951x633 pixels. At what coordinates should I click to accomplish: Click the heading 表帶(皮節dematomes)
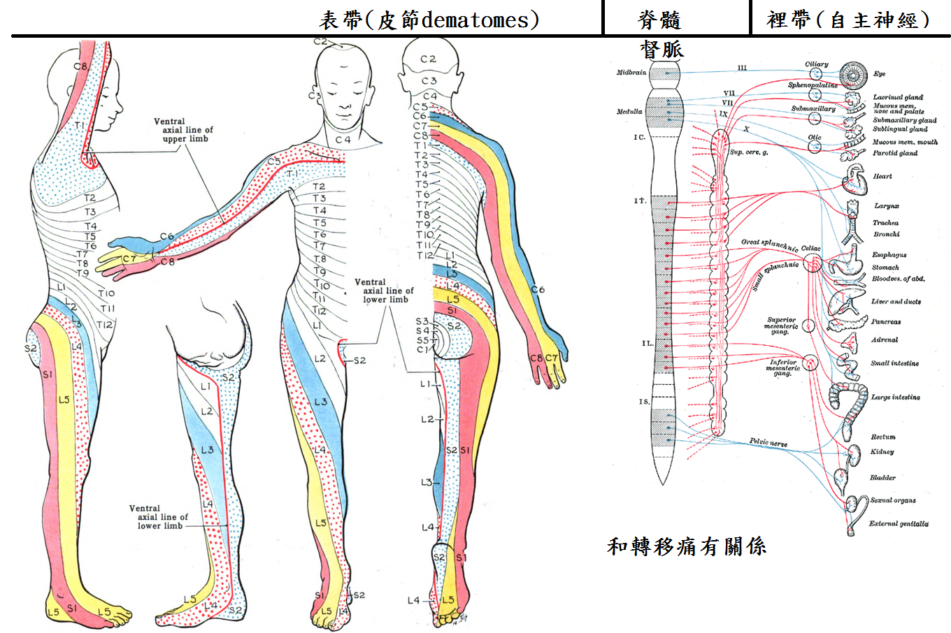point(429,20)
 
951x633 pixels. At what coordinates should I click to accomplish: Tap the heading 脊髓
point(659,20)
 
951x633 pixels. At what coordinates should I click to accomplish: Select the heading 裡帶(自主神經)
point(848,20)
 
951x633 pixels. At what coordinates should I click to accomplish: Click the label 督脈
point(662,49)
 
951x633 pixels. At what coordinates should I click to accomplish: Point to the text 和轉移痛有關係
point(687,546)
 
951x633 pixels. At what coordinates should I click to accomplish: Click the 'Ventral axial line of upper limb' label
point(183,130)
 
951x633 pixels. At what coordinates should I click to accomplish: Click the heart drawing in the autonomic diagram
point(855,179)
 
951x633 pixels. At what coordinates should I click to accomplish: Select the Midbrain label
point(631,73)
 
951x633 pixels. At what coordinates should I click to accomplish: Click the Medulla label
point(629,112)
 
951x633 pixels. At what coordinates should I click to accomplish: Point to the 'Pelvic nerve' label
point(768,442)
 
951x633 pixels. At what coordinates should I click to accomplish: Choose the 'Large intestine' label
point(895,398)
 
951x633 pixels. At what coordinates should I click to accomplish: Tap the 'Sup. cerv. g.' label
point(749,152)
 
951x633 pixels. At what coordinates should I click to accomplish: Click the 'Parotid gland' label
point(895,153)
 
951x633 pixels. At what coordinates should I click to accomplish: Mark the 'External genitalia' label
point(899,523)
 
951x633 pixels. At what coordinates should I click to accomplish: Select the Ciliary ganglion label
point(816,64)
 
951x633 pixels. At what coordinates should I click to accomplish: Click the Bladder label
point(882,478)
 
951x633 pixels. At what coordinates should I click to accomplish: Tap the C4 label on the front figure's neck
point(343,140)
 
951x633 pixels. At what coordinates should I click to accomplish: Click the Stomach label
point(885,268)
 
